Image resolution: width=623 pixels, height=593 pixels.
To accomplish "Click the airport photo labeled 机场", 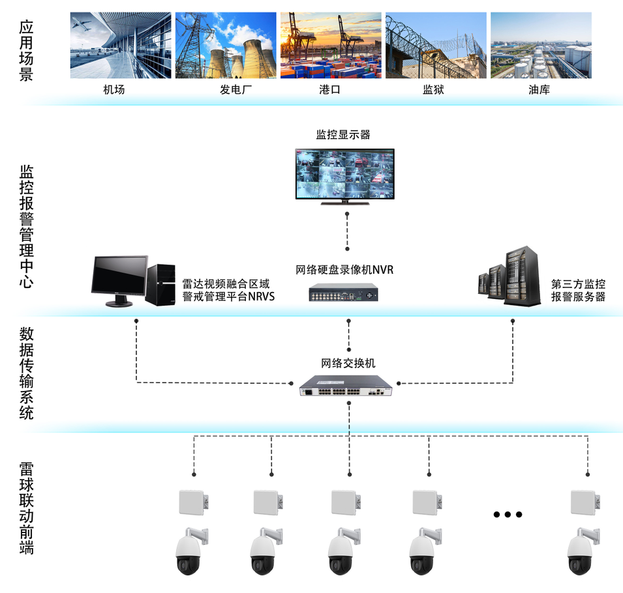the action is click(121, 45).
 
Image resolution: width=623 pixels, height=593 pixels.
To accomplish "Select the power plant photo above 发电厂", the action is click(226, 45).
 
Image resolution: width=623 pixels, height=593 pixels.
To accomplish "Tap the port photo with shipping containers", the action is click(331, 45).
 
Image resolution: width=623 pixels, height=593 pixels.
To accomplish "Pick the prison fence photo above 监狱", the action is click(436, 45).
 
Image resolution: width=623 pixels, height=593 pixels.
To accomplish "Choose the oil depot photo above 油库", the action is click(541, 45).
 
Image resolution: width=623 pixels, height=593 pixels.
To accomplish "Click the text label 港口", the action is click(330, 90).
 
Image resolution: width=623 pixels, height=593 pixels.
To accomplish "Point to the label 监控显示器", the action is click(343, 135).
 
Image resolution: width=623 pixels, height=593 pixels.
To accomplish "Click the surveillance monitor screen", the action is click(345, 174).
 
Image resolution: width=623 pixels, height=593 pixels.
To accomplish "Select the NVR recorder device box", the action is click(343, 293).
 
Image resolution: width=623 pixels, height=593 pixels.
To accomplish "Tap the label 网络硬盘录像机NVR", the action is click(344, 270).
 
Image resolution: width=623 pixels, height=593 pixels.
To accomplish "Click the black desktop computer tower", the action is click(160, 284).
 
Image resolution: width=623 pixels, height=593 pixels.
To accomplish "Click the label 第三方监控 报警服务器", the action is click(578, 290).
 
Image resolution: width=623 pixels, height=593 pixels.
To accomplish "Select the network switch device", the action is click(346, 386).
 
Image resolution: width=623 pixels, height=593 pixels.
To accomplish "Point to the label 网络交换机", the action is click(348, 363).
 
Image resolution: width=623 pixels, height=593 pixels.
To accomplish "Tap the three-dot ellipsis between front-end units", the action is click(508, 514).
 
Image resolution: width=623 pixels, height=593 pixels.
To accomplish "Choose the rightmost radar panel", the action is click(585, 502).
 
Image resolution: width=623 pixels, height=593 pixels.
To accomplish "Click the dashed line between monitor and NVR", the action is click(347, 231).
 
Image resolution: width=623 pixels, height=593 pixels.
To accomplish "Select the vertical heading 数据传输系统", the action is click(26, 373).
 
